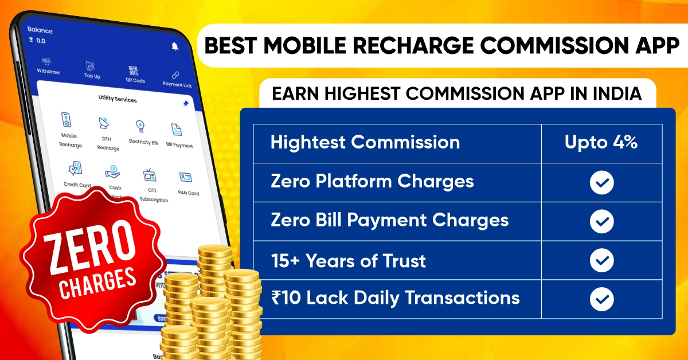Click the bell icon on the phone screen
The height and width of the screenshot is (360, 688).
click(175, 46)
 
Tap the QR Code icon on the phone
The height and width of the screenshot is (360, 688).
click(134, 71)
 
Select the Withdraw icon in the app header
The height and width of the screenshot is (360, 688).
click(46, 61)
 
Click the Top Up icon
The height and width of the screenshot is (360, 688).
click(90, 66)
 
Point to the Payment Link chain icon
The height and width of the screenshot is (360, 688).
click(175, 75)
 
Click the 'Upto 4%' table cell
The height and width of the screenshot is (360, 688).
click(601, 142)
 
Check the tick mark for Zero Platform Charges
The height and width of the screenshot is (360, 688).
click(601, 182)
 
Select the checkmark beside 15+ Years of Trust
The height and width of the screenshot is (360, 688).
click(601, 261)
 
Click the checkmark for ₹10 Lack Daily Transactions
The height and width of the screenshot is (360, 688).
click(601, 299)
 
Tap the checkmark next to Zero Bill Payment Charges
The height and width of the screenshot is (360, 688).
click(601, 221)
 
